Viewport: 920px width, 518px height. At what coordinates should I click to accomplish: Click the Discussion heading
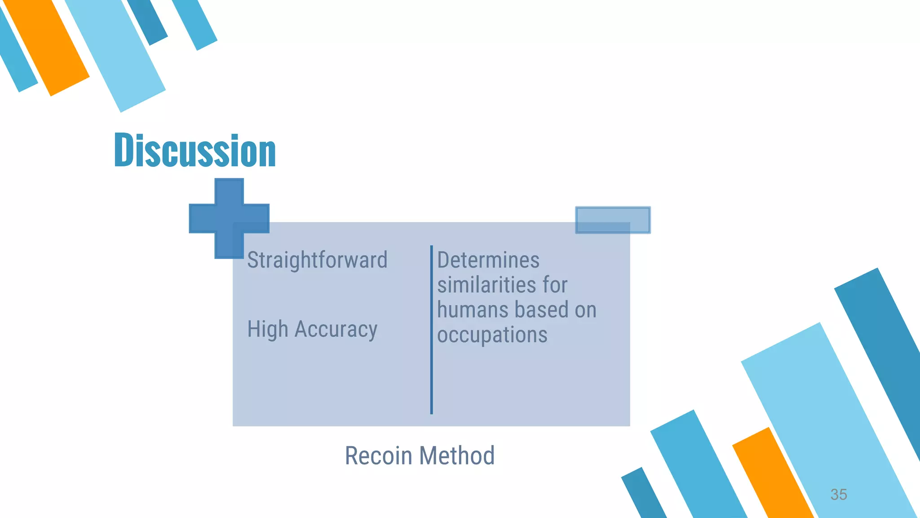click(195, 150)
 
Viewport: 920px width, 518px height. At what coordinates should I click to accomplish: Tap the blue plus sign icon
click(229, 219)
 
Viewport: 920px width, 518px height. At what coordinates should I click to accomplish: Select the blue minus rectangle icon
click(613, 220)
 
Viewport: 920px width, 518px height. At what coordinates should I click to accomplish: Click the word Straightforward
click(317, 260)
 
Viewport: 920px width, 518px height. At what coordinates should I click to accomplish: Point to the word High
click(268, 329)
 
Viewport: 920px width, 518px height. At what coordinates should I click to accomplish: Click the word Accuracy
click(336, 329)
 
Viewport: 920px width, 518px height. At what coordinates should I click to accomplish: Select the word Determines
click(488, 260)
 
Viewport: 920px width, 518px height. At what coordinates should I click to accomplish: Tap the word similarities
click(487, 285)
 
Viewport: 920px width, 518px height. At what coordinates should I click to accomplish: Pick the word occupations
click(492, 335)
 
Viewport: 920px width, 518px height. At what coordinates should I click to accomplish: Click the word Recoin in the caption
click(378, 455)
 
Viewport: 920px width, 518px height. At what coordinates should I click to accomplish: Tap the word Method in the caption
click(457, 455)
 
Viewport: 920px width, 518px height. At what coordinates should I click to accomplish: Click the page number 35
click(838, 494)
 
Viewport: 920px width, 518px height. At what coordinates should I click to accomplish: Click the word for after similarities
click(555, 285)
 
